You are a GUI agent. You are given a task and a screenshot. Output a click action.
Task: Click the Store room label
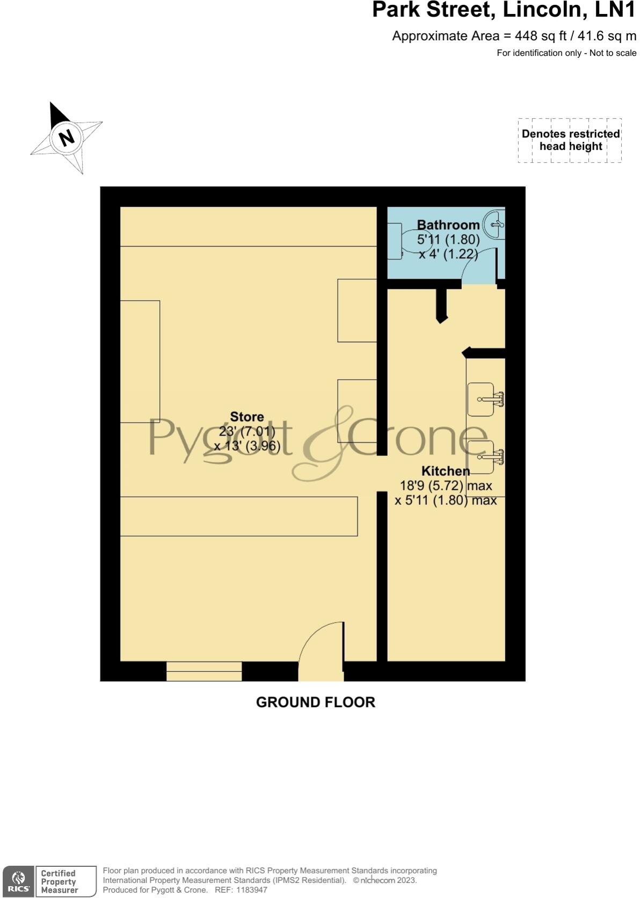(x=247, y=417)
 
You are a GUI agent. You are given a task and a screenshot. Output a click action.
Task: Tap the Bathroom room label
(x=448, y=225)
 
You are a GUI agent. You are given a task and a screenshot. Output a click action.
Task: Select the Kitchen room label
(x=446, y=471)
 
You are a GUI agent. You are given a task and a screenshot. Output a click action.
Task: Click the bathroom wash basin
(x=494, y=224)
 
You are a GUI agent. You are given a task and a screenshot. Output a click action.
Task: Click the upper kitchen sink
(x=482, y=399)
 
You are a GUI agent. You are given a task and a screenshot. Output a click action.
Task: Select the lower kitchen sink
(x=482, y=458)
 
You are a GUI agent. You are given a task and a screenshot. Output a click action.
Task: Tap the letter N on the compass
(x=67, y=137)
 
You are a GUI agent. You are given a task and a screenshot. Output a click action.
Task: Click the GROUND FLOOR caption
(x=316, y=702)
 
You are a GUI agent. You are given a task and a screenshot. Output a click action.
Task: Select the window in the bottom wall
(x=204, y=671)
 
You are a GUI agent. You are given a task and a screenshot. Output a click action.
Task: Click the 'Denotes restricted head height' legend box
(x=570, y=140)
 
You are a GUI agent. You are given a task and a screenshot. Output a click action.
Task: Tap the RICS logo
(x=19, y=881)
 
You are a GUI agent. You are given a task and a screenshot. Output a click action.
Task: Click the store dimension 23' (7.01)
(x=247, y=431)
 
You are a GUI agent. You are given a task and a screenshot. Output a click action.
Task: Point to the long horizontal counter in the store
(x=239, y=516)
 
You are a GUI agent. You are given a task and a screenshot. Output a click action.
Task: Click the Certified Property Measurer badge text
(x=59, y=881)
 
